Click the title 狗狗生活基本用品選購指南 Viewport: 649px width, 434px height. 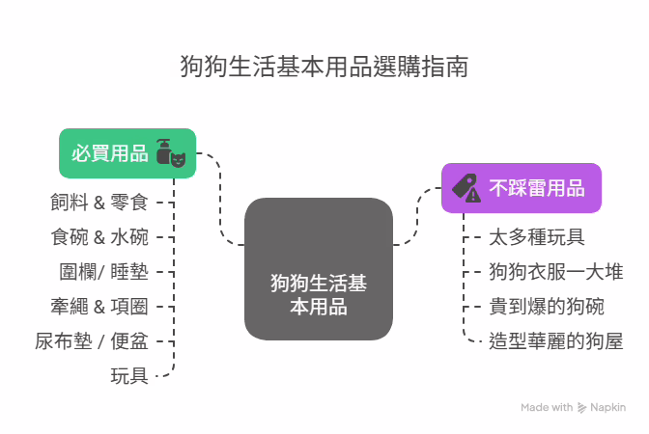(324, 67)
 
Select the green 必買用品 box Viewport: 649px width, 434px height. (127, 153)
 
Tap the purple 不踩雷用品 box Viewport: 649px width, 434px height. (522, 188)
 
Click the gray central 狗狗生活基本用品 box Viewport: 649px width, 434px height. (319, 269)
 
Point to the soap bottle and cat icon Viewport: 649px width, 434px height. (171, 153)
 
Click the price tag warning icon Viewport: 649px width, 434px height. (466, 188)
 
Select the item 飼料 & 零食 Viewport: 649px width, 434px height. (99, 203)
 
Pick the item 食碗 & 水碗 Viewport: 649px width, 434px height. (99, 237)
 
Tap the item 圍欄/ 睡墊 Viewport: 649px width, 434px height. (103, 272)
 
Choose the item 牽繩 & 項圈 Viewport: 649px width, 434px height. (99, 307)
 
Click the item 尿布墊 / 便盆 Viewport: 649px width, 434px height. (92, 341)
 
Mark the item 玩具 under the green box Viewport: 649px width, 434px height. (129, 376)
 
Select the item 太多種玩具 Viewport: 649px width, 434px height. (537, 237)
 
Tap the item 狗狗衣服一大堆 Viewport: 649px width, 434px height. (556, 272)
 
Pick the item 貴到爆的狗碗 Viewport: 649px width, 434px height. (547, 307)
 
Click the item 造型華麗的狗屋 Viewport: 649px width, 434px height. (556, 341)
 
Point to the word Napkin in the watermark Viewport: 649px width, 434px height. (608, 408)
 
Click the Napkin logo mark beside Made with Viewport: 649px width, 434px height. (581, 408)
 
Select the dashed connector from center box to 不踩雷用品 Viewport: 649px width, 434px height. (417, 217)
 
